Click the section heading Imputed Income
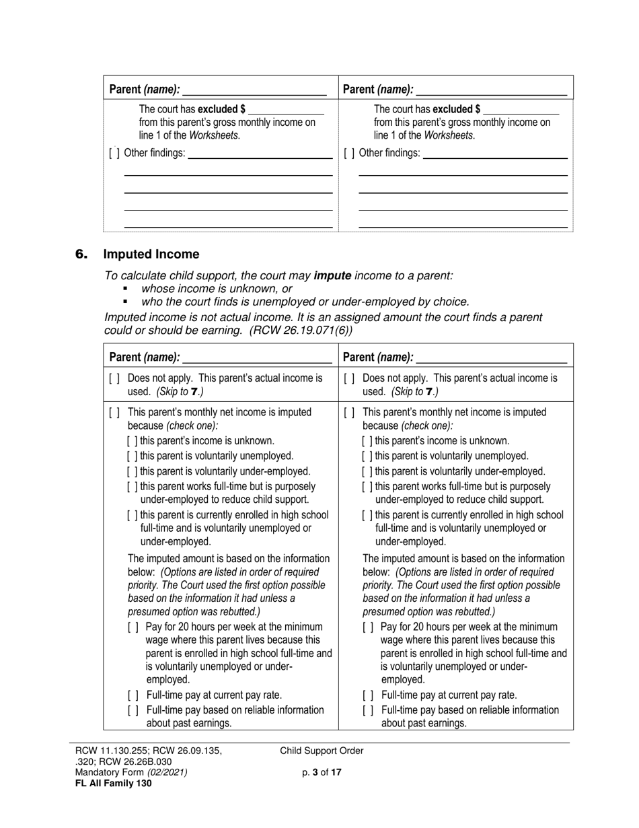[x=151, y=254]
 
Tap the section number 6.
[x=81, y=254]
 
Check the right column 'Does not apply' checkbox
[x=348, y=378]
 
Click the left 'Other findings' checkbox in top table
[x=114, y=153]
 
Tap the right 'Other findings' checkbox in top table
[x=348, y=153]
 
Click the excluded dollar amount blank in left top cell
[x=286, y=110]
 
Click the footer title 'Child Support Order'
[x=322, y=751]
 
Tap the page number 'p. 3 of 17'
[x=322, y=772]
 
